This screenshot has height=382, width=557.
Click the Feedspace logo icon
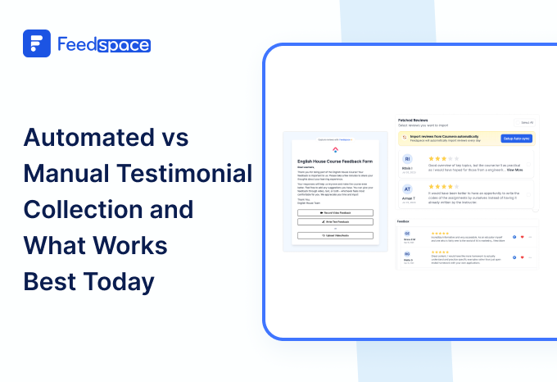(37, 44)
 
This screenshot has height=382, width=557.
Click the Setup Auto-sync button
(516, 139)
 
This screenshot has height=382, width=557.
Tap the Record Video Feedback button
(334, 212)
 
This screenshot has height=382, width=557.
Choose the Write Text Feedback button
(334, 221)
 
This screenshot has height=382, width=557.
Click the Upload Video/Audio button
(334, 235)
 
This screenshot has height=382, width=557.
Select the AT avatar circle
(408, 189)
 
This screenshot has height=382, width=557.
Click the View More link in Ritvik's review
(514, 170)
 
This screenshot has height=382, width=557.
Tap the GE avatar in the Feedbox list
(407, 234)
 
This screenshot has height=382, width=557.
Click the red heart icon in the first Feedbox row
(521, 237)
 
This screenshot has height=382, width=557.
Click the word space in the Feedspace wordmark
(124, 45)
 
